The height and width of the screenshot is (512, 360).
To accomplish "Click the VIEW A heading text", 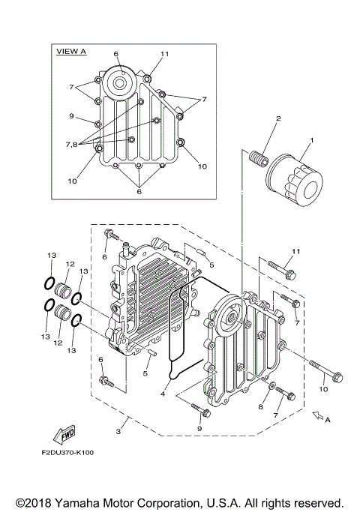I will point(72,52).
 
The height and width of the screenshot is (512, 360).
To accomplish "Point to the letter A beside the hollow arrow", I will point(327,420).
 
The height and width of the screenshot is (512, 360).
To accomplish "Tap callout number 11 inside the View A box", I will point(165,55).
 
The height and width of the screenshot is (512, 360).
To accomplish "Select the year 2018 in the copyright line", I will point(38,502).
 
